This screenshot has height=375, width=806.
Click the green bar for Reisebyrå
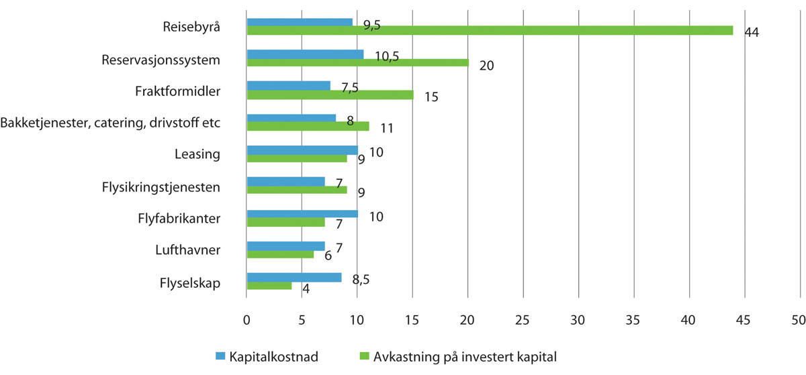(x=490, y=30)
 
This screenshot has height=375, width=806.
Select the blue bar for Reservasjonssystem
(x=305, y=54)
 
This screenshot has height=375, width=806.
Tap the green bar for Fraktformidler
(x=330, y=95)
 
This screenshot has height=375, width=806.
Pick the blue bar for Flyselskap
(x=294, y=277)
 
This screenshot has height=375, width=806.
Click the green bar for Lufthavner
(x=280, y=254)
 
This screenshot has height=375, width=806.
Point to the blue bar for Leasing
(x=302, y=150)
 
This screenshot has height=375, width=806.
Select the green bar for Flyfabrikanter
(x=285, y=222)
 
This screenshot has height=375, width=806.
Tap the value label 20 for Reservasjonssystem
(x=486, y=65)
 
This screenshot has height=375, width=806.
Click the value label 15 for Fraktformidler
(x=431, y=97)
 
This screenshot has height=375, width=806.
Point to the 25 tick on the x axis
(x=523, y=321)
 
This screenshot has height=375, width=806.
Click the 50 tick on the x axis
(x=799, y=321)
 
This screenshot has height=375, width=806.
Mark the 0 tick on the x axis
(x=247, y=321)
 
